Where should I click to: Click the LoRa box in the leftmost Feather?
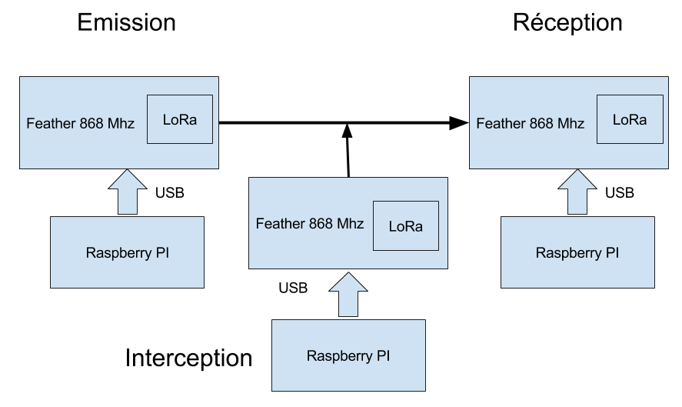coord(179,119)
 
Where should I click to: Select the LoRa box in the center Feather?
coord(405,226)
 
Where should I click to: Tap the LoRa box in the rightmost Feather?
coord(629,119)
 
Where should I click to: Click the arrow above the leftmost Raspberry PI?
coord(127,192)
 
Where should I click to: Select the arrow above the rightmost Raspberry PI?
coord(577,192)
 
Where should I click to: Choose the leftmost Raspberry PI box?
coord(127,252)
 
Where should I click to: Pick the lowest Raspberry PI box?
coord(348,356)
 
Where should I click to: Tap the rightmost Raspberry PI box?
coord(577,252)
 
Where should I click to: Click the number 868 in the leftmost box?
coord(91,123)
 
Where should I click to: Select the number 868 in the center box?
coord(321,224)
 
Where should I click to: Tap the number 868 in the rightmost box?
coord(541,123)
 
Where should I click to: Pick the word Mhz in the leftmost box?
coord(121,123)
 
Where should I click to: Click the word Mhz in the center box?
coord(350,224)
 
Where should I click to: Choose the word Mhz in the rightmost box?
coord(571,123)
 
